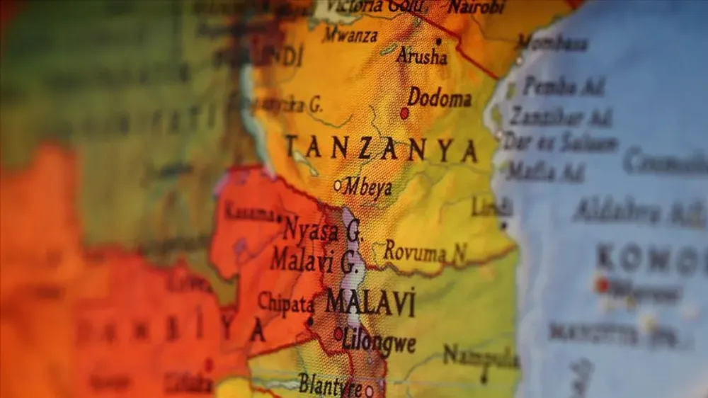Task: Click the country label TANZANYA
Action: click(x=381, y=149)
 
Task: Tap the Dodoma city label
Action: click(x=440, y=98)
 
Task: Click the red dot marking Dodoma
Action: click(x=405, y=113)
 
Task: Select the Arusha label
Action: click(x=422, y=56)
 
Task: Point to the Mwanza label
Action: click(x=350, y=34)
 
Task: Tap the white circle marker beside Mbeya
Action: click(x=338, y=186)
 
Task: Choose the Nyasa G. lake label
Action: click(x=322, y=228)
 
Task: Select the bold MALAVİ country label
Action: click(x=370, y=302)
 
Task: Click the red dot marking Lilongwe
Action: click(x=338, y=332)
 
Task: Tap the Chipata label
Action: click(x=286, y=304)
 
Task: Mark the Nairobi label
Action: click(x=476, y=7)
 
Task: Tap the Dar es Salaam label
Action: click(x=560, y=142)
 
